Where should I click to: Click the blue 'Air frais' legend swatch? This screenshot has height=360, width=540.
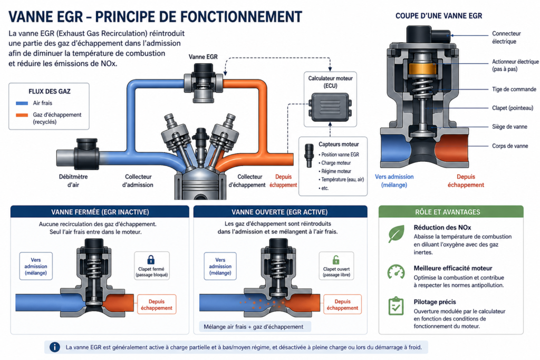22,103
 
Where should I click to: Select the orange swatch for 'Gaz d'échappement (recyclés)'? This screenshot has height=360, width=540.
22,115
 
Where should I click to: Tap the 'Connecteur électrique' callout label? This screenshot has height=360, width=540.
506,37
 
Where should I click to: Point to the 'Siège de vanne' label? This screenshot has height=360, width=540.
509,127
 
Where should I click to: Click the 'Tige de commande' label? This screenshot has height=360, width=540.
514,89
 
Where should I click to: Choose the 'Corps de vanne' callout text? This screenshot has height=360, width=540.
510,146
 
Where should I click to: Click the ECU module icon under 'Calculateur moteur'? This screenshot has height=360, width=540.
330,107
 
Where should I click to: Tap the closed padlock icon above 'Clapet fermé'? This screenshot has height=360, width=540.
151,259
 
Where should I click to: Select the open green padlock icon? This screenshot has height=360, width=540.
336,259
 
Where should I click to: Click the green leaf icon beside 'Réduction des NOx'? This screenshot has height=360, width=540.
396,234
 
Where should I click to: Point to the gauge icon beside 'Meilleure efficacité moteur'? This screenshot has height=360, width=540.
396,271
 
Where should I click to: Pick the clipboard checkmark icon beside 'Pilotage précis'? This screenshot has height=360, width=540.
396,306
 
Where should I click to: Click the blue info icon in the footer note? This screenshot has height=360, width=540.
55,347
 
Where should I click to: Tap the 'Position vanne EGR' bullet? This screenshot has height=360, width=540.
339,154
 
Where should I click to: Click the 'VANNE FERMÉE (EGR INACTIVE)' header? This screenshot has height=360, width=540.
100,212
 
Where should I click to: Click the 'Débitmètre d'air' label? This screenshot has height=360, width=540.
73,181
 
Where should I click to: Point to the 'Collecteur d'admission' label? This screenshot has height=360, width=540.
138,181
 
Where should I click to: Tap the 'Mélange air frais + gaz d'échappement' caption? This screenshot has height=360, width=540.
254,327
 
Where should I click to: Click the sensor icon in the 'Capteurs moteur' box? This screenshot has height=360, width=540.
309,155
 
